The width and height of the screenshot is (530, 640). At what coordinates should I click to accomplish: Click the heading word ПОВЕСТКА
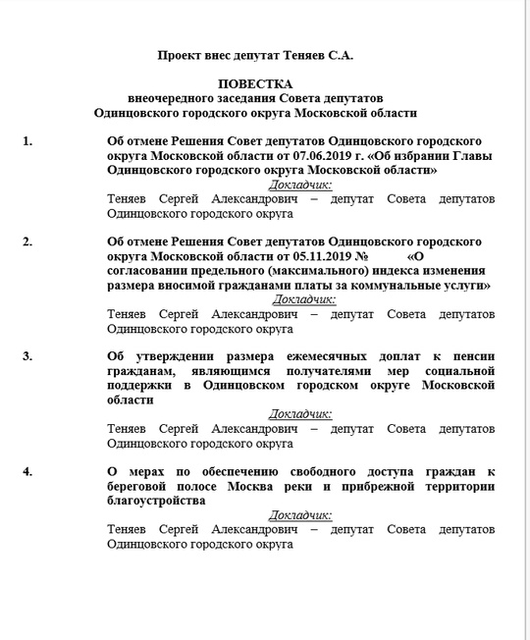[254, 85]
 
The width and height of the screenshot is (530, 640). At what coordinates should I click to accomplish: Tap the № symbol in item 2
[361, 255]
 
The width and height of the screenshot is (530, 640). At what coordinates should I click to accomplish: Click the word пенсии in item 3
[468, 356]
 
